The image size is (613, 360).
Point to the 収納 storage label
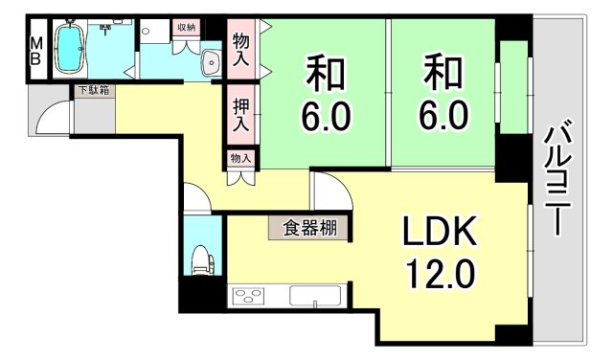pos(186,28)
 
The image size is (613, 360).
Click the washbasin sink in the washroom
pos(211,63)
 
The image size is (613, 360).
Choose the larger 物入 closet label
pos(240,49)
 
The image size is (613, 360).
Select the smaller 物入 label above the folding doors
pos(239,158)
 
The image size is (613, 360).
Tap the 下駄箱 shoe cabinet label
pos(93,91)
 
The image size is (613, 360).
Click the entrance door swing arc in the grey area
pos(54,115)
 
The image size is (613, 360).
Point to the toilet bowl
pos(201,259)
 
